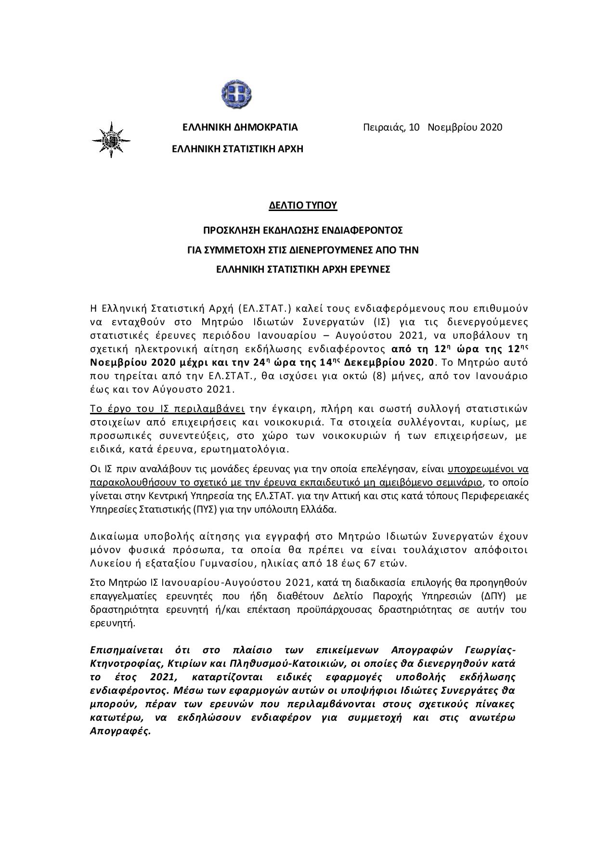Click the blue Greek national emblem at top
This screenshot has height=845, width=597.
click(x=236, y=93)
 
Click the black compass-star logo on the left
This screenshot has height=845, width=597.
click(x=111, y=140)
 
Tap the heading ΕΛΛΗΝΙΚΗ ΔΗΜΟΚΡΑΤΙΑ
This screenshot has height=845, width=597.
click(x=240, y=128)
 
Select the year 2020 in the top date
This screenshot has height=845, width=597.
click(x=491, y=127)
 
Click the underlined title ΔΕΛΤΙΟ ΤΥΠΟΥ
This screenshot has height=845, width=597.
click(x=303, y=206)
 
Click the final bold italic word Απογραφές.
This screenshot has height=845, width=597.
click(x=120, y=731)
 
